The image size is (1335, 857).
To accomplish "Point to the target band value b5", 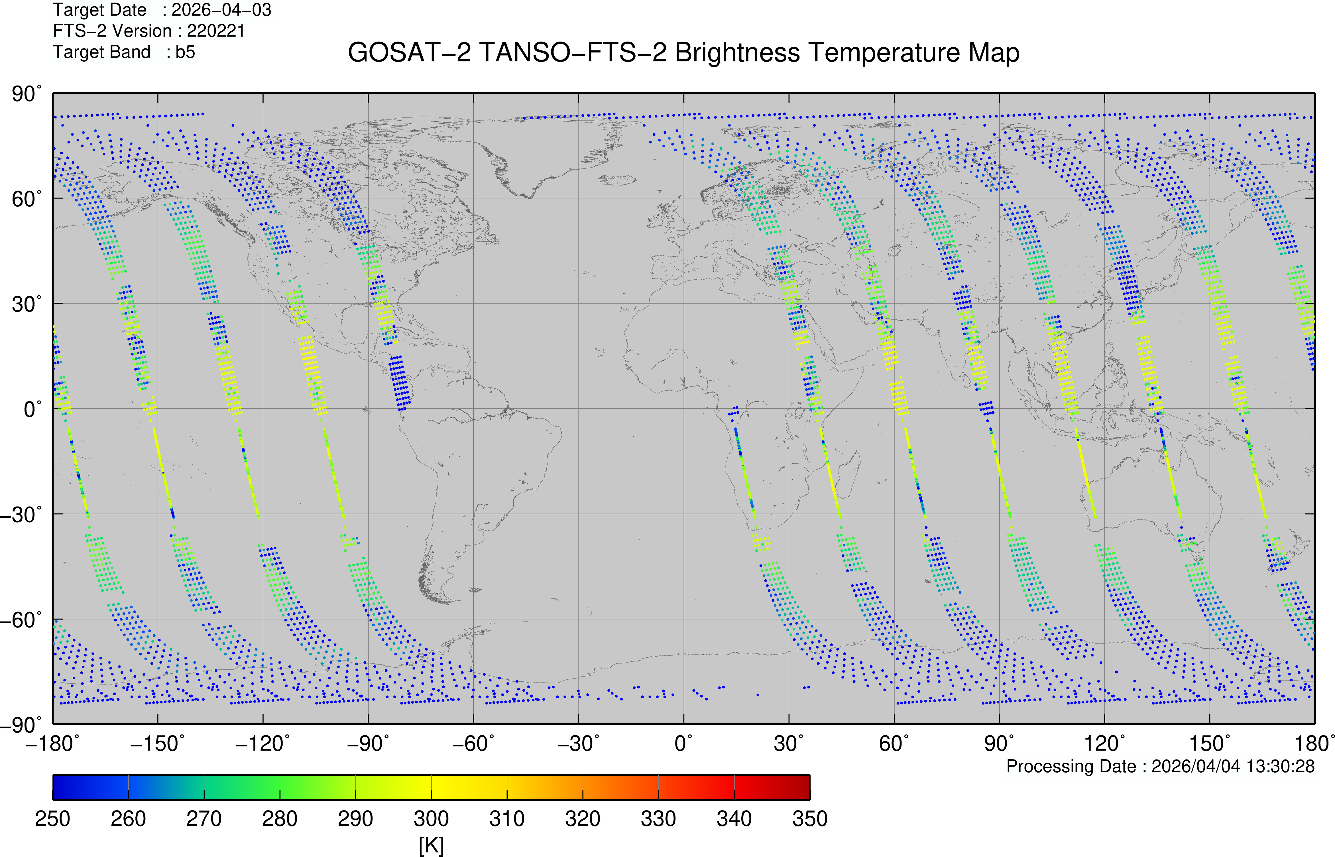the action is [x=185, y=52].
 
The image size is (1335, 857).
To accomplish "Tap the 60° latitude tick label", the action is [x=26, y=199].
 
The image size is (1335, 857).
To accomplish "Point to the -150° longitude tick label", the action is [x=157, y=744].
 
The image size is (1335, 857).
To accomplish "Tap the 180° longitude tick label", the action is [x=1315, y=744].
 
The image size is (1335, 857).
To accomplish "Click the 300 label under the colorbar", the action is [x=431, y=819].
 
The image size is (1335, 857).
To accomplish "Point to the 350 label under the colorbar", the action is [x=810, y=819].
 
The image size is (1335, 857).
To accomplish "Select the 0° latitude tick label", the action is [x=32, y=409].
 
